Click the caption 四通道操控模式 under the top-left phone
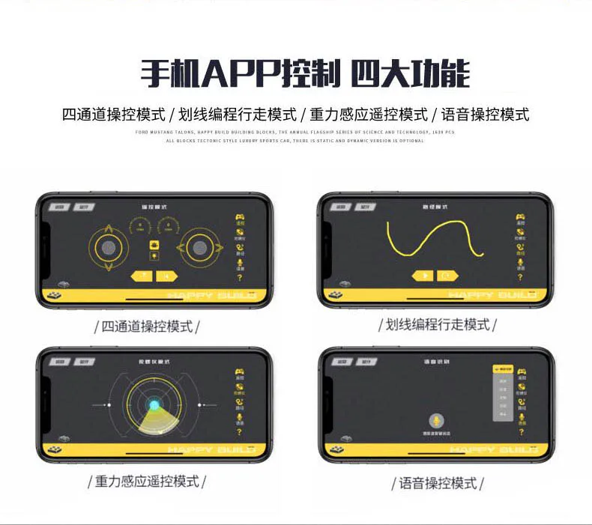[147, 327]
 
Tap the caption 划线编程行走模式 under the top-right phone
[438, 325]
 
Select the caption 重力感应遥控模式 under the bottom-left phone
[147, 482]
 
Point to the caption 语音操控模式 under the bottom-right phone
[438, 484]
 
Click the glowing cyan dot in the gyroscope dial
[154, 405]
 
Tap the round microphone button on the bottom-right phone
[434, 422]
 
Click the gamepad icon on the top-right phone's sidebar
[521, 217]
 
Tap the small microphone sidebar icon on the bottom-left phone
[240, 417]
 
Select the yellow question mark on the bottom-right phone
[522, 432]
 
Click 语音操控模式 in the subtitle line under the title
[485, 115]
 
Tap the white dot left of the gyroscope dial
[109, 405]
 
